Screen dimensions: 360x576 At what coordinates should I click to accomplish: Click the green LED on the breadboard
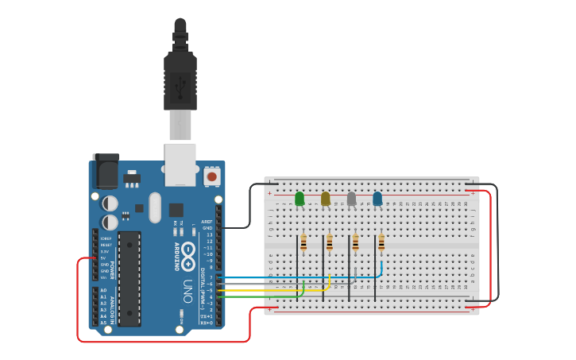coord(300,199)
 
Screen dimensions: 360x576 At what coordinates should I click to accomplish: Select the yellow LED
coord(325,199)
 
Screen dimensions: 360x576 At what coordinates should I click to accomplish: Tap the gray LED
coord(351,199)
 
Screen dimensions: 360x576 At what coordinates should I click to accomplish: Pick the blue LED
coord(377,199)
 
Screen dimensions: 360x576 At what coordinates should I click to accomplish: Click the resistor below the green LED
coord(303,242)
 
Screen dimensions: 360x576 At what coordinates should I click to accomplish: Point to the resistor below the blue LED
coord(381,242)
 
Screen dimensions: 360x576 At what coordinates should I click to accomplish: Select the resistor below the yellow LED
coord(329,242)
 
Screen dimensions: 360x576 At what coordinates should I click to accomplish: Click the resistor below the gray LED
coord(355,242)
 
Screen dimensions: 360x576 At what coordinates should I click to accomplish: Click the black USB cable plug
coord(180,79)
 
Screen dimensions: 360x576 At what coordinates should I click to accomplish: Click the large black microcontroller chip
coord(130,278)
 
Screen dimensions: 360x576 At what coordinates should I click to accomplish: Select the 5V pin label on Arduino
coord(103,257)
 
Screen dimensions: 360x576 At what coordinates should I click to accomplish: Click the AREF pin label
coord(207,222)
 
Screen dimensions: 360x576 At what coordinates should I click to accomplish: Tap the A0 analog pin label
coord(103,290)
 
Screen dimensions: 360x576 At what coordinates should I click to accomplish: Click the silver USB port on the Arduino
coord(180,164)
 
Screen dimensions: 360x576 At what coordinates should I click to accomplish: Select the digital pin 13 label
coord(209,235)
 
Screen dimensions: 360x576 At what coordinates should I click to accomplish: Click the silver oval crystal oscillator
coord(155,208)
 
